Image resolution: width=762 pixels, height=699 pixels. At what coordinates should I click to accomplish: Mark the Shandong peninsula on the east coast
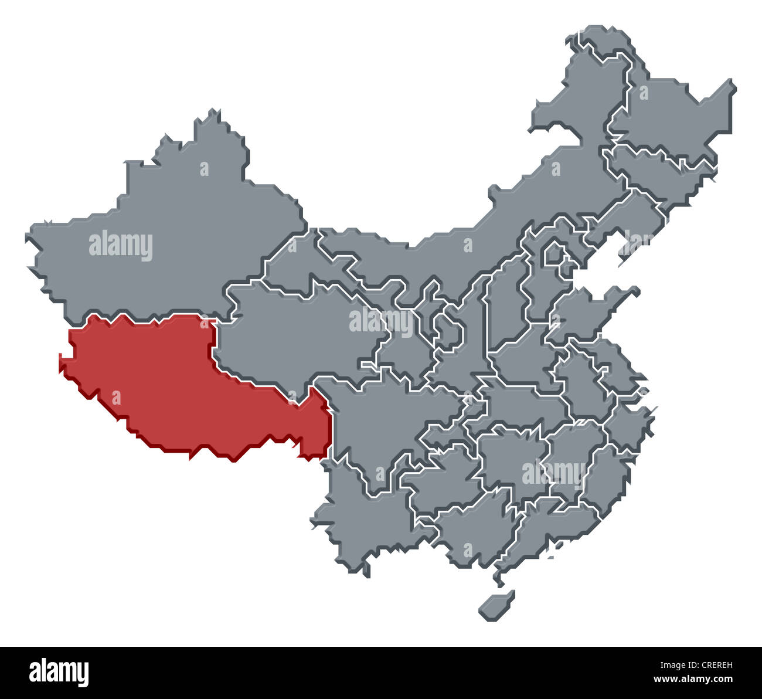[592, 311]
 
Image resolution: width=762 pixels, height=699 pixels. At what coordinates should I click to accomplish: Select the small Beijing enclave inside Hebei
[554, 255]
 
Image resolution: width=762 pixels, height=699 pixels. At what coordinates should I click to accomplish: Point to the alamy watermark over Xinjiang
[121, 246]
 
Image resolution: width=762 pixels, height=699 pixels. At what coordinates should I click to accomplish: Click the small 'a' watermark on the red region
[115, 399]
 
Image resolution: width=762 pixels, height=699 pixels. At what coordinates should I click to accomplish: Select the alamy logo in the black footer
[59, 672]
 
